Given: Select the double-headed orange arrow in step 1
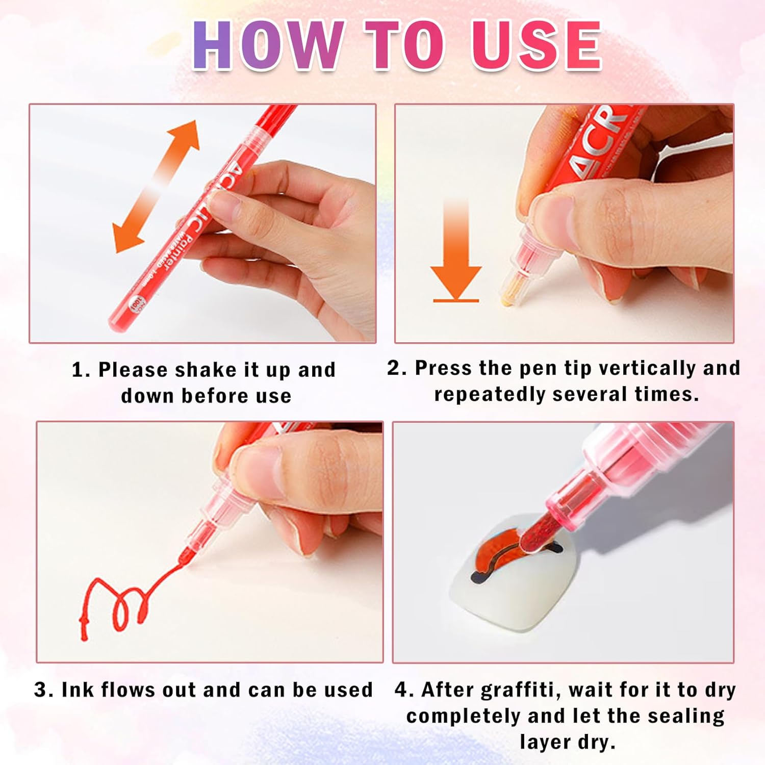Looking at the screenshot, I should (x=156, y=186).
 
